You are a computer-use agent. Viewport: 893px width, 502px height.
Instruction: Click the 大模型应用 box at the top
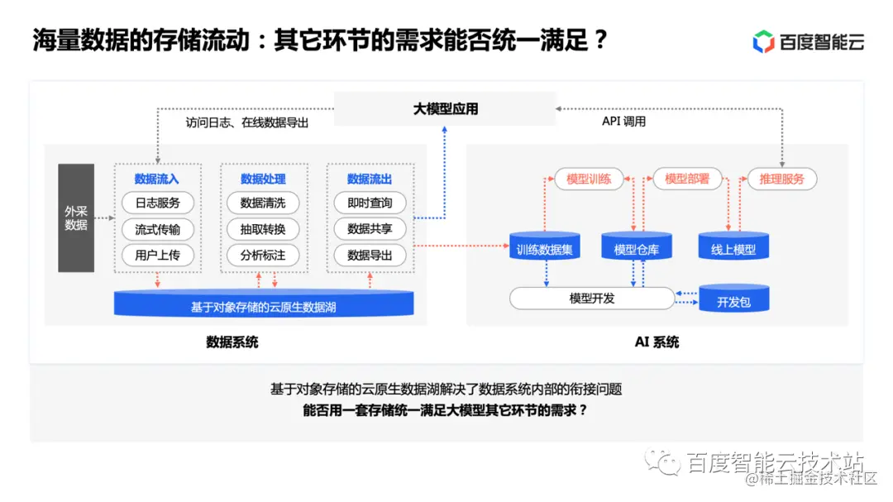pyautogui.click(x=446, y=108)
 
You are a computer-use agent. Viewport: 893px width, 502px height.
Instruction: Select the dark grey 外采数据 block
pyautogui.click(x=76, y=218)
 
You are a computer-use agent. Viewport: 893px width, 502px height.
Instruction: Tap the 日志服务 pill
pyautogui.click(x=157, y=203)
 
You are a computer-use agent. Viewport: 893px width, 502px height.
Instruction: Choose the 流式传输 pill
pyautogui.click(x=157, y=229)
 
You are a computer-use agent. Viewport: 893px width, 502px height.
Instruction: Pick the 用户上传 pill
pyautogui.click(x=157, y=255)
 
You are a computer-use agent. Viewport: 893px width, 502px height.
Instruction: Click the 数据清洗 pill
pyautogui.click(x=263, y=203)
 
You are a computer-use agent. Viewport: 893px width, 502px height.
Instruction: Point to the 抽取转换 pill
pyautogui.click(x=263, y=229)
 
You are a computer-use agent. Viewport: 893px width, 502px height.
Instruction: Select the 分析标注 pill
pyautogui.click(x=263, y=255)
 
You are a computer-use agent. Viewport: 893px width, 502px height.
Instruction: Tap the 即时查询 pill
pyautogui.click(x=370, y=203)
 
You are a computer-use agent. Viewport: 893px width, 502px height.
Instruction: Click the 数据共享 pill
pyautogui.click(x=370, y=229)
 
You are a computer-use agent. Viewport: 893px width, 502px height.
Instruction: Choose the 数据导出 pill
pyautogui.click(x=370, y=255)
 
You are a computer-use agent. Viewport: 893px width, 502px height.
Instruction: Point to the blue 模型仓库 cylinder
pyautogui.click(x=637, y=247)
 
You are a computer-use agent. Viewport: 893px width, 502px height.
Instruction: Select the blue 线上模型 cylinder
pyautogui.click(x=733, y=247)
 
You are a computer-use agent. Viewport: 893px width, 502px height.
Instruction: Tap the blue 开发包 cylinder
pyautogui.click(x=733, y=299)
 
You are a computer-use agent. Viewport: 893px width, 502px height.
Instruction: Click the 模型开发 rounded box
pyautogui.click(x=592, y=299)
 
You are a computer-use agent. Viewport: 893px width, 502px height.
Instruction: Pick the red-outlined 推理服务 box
pyautogui.click(x=781, y=179)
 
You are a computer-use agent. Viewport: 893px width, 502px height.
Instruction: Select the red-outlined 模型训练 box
pyautogui.click(x=589, y=179)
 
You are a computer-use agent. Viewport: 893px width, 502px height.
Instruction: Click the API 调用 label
pyautogui.click(x=623, y=122)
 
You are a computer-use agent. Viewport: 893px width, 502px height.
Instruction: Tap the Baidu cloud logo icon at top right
pyautogui.click(x=763, y=41)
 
